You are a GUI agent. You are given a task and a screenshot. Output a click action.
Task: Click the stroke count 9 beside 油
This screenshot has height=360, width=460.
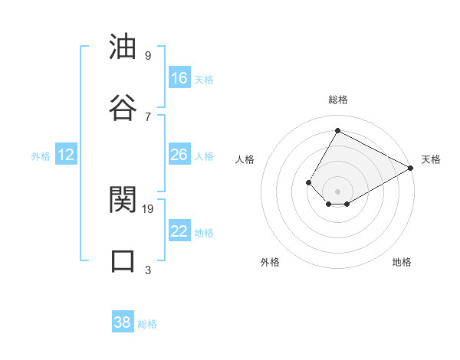(148, 55)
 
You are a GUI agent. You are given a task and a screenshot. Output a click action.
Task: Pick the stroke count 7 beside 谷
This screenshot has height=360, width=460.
(148, 116)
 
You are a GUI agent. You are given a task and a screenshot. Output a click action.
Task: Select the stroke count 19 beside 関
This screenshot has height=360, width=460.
(149, 208)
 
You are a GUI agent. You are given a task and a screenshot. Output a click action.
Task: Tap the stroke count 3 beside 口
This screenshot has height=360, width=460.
(148, 270)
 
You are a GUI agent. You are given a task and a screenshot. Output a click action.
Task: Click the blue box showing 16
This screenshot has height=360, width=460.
(179, 78)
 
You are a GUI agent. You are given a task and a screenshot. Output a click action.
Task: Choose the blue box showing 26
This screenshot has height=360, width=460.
(179, 155)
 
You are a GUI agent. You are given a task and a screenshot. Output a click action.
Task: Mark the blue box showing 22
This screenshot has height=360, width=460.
(179, 231)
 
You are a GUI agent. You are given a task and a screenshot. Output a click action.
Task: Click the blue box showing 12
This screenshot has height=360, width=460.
(66, 155)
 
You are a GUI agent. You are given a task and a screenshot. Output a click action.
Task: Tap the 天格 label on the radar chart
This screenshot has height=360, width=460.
(431, 159)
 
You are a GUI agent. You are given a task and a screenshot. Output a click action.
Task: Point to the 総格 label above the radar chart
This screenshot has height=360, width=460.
(337, 100)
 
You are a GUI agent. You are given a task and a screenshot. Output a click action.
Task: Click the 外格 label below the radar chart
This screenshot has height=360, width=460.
(270, 262)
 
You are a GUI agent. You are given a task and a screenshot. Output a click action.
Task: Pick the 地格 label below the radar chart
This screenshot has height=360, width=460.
(402, 262)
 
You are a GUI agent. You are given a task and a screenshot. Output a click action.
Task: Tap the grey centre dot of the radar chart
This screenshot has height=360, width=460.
(337, 191)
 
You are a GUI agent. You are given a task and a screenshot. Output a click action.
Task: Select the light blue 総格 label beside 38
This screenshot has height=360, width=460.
(147, 324)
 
